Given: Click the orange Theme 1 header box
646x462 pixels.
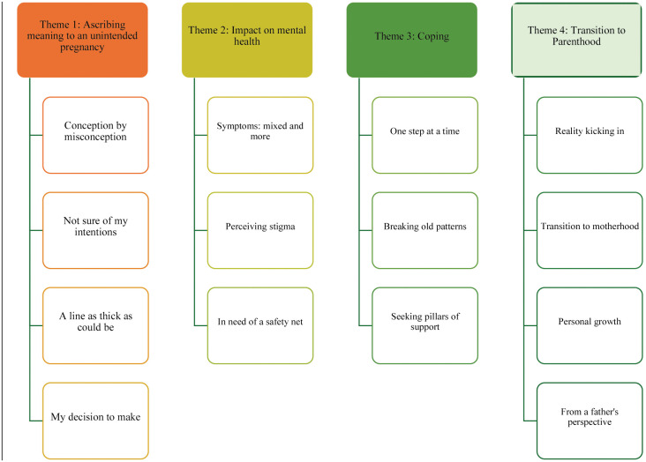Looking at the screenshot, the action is point(82,40).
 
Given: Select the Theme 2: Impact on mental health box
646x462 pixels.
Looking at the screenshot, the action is point(247,40).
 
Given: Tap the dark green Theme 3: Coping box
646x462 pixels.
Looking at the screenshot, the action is point(412,40).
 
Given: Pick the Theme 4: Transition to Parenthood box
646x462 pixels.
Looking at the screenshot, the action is point(577,40).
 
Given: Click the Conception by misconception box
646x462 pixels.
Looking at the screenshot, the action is point(95,135).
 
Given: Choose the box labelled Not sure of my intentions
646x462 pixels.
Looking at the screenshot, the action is point(95,230).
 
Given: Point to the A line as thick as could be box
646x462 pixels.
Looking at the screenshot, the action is point(95,325).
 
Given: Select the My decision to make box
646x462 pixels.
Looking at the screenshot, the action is point(95,421).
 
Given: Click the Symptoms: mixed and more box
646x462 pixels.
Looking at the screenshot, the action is point(260,135).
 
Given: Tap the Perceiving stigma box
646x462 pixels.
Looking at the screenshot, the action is point(260,230).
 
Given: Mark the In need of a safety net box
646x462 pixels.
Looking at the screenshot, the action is point(260,325).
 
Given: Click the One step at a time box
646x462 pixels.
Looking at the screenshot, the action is point(425,135).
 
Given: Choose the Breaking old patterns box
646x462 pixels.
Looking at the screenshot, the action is point(425,230).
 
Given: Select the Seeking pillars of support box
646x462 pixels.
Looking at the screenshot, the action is point(425,325).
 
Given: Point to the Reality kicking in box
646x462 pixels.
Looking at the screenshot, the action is point(590,135).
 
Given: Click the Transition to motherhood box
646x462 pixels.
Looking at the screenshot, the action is point(590,230).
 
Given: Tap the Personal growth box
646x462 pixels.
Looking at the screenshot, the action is point(590,325).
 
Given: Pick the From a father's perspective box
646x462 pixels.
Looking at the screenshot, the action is point(590,421).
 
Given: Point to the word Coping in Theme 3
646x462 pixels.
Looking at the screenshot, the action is point(433,37).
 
